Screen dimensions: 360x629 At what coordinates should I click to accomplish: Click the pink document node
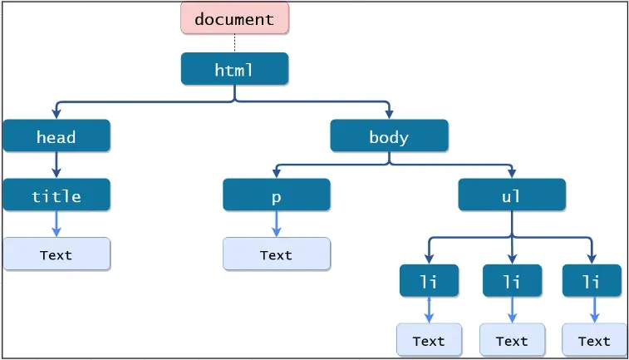point(234,18)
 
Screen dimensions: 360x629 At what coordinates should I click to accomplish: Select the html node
point(234,70)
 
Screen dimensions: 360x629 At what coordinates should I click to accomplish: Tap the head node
point(56,136)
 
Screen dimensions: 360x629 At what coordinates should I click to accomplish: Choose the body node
point(389,136)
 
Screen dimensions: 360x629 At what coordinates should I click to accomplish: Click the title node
point(56,195)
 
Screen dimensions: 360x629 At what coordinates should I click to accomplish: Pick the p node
point(276,195)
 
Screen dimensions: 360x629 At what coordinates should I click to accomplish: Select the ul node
point(512,195)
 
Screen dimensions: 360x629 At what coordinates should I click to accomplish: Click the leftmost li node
point(429,281)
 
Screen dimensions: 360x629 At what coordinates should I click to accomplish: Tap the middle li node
point(512,281)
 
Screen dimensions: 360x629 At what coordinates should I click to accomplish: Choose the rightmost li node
point(592,281)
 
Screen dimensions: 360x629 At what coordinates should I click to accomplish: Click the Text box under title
point(56,254)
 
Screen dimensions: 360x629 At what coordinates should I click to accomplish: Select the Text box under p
point(276,254)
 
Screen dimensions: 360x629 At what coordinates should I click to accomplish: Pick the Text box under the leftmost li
point(429,340)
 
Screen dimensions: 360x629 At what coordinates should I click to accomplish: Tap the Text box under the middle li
point(512,340)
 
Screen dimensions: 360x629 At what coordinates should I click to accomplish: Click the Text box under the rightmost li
point(594,340)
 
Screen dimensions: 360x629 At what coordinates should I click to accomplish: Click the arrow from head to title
point(57,165)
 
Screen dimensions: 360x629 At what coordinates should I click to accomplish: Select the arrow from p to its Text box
point(276,224)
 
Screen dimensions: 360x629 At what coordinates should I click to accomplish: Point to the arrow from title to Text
point(57,224)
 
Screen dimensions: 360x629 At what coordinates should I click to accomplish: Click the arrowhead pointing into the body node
point(389,115)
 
